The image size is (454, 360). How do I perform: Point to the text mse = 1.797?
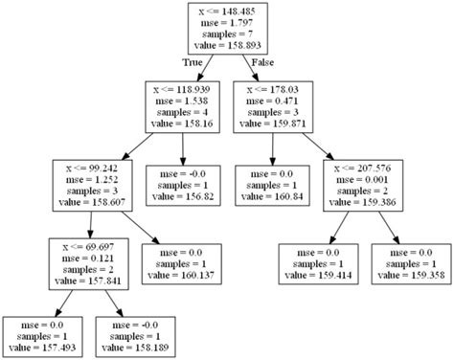226,21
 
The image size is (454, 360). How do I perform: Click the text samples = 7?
226,33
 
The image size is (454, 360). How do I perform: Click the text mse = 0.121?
89,257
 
